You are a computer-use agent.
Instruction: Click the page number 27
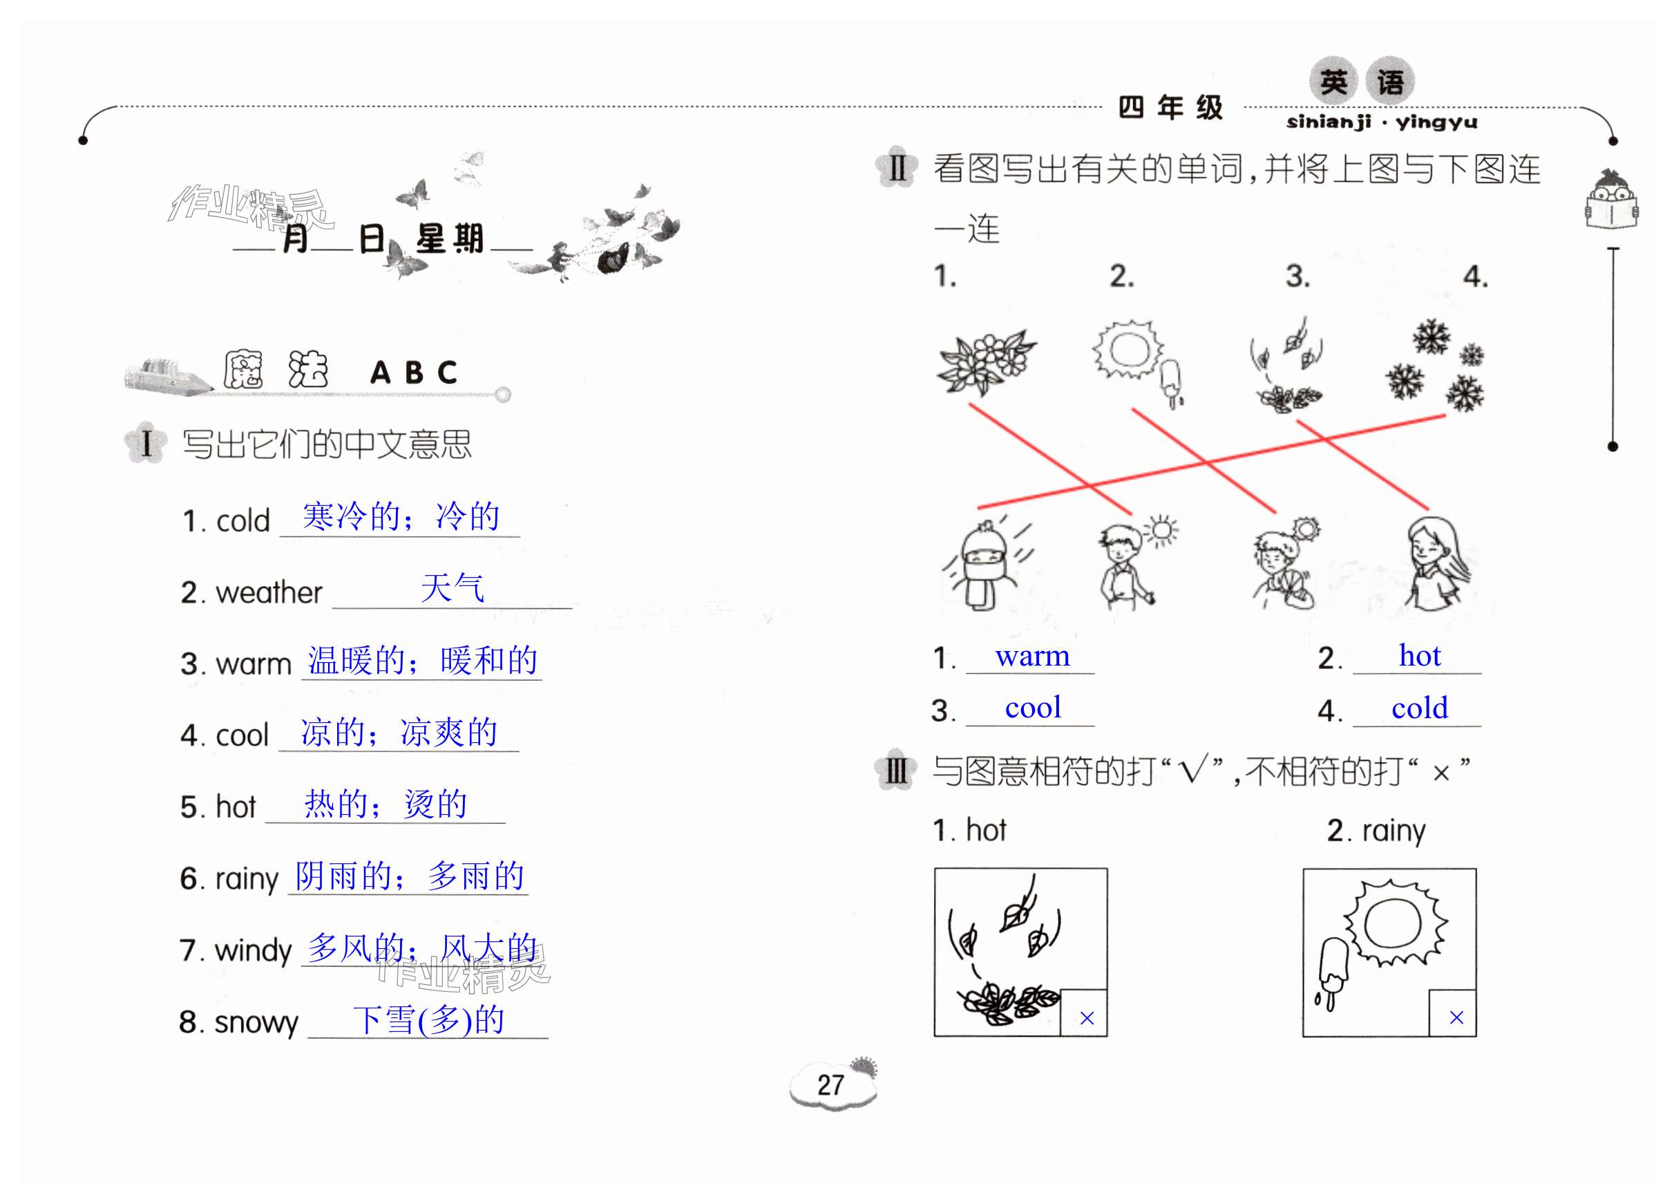click(830, 1085)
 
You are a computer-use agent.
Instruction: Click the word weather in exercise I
click(269, 592)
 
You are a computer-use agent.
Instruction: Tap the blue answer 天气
click(453, 588)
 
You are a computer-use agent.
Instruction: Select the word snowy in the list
click(256, 1022)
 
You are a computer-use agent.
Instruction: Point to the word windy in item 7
click(253, 950)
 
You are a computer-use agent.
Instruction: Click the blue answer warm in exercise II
click(1031, 656)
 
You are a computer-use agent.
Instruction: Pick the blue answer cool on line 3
click(1032, 707)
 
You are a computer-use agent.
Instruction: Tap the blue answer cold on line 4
click(1419, 707)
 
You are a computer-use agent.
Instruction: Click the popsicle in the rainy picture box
click(1332, 971)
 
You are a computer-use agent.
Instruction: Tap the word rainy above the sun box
click(1393, 830)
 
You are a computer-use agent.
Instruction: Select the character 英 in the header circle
click(1334, 81)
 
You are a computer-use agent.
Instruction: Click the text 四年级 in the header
click(1170, 108)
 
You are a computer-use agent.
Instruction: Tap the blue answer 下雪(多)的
click(428, 1020)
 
